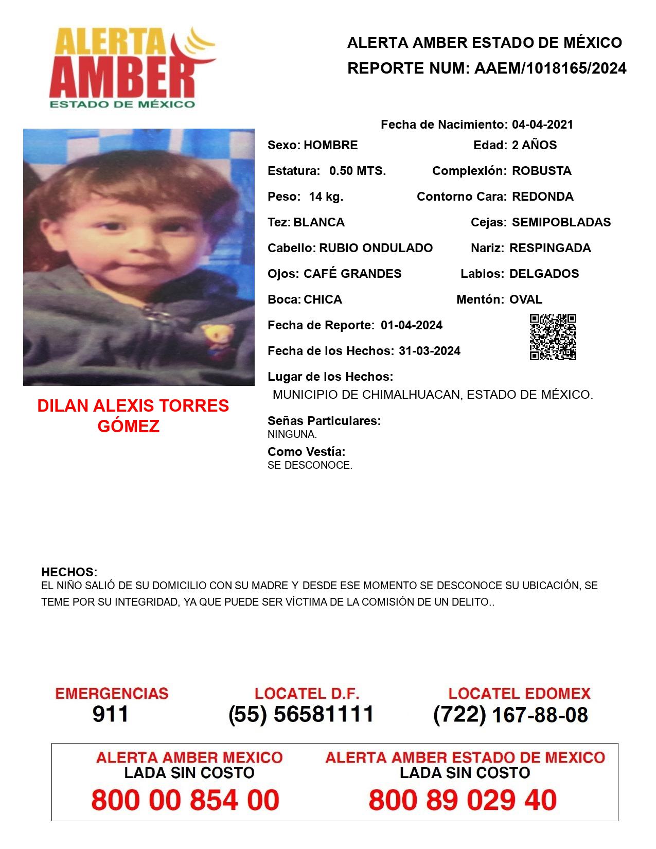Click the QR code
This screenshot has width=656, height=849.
553,337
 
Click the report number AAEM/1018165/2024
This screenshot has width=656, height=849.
550,68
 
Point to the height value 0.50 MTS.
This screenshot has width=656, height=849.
358,171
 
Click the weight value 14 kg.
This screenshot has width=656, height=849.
326,197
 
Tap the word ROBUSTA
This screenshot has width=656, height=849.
541,171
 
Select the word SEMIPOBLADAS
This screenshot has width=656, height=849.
561,222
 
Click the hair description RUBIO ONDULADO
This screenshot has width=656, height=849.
376,248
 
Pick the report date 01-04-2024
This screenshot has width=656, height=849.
412,325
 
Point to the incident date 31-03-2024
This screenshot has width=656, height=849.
430,351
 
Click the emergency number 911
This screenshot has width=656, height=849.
111,714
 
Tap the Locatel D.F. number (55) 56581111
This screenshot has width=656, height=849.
302,714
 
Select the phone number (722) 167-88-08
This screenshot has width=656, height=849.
510,715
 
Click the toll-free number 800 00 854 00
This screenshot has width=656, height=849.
185,800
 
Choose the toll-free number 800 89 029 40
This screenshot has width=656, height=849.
463,800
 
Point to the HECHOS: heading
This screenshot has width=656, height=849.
69,572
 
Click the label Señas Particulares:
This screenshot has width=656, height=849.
324,421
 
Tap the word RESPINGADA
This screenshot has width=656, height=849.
550,248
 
